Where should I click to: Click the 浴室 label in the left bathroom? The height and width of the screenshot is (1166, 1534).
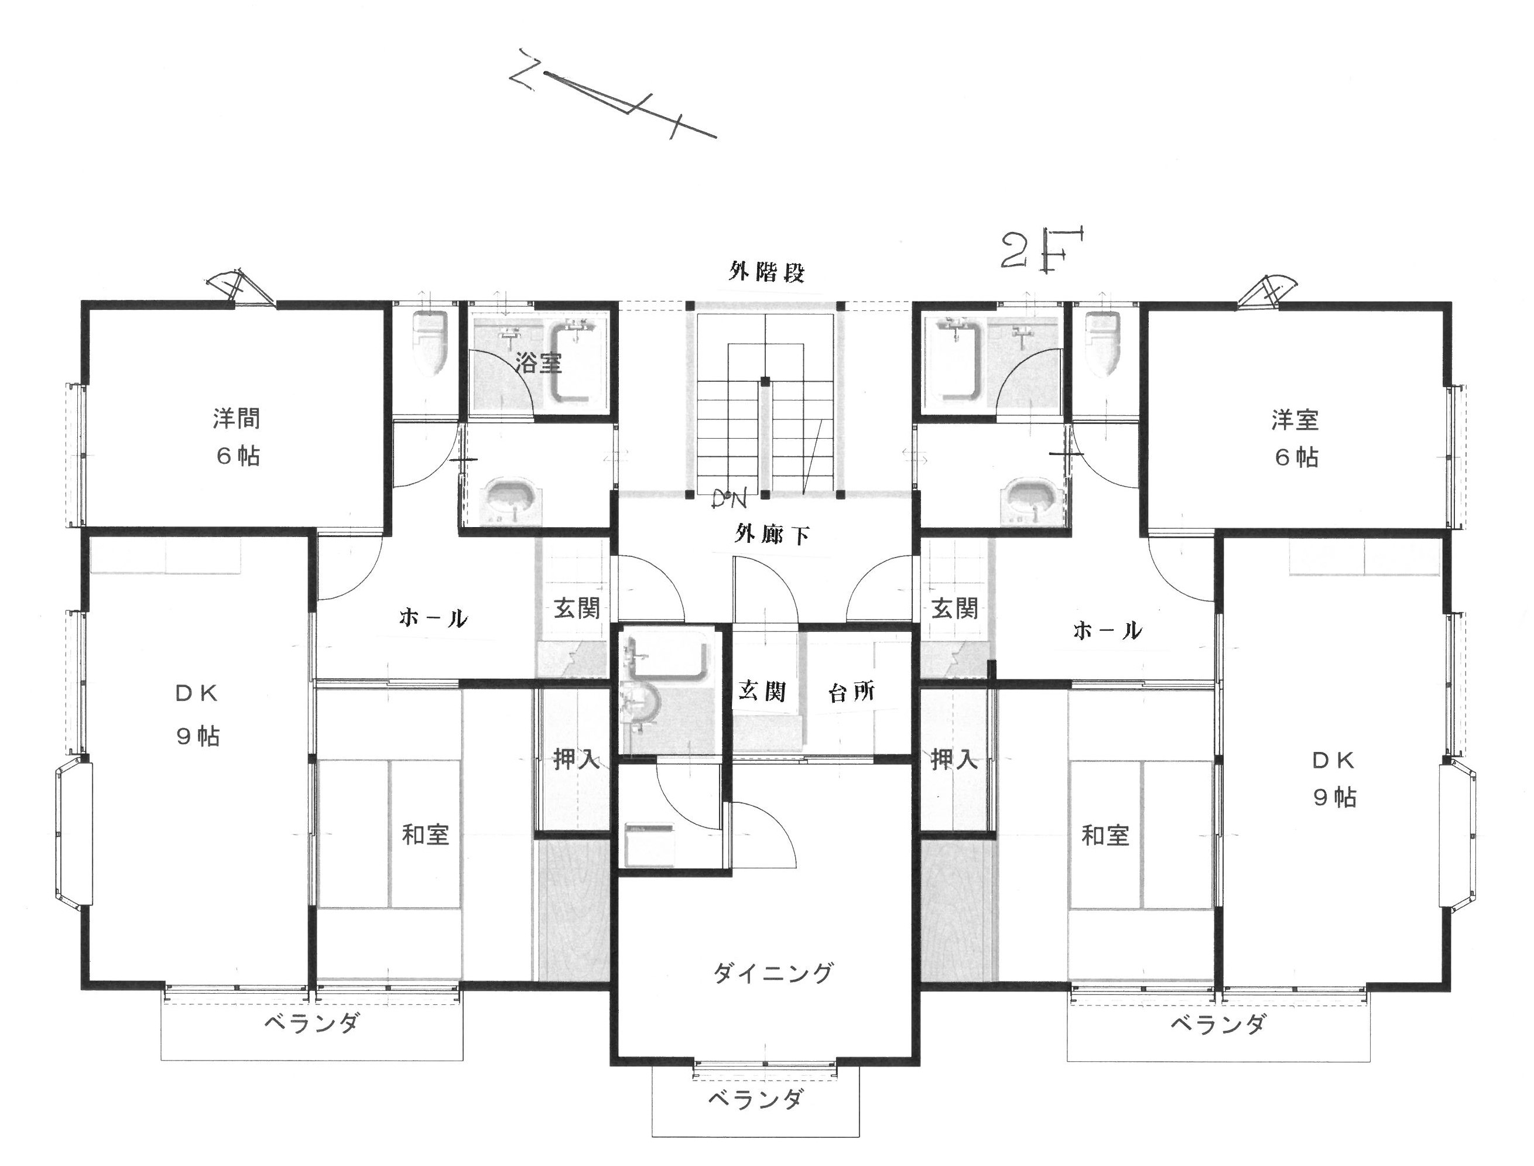coord(539,363)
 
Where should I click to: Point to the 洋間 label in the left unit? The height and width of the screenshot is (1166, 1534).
coord(236,419)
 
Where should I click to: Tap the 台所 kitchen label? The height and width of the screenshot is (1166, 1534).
coord(851,692)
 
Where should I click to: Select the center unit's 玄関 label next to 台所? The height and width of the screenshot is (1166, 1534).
coord(762,690)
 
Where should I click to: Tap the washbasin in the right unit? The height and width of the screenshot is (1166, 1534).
coord(1032,499)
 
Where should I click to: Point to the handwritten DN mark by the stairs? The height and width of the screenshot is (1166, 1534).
coord(728,498)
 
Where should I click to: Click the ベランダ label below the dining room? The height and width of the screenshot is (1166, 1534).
coord(755,1099)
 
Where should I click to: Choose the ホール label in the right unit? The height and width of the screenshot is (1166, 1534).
coord(1107,631)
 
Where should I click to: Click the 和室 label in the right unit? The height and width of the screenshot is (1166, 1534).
coord(1105,835)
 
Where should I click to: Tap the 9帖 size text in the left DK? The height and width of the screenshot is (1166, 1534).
coord(198,736)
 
